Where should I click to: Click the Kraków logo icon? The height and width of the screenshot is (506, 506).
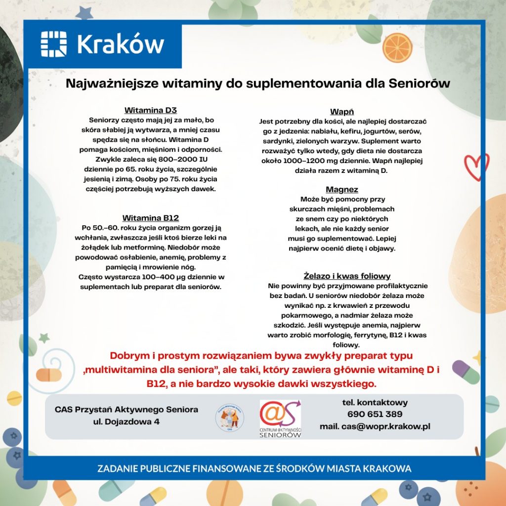point(53,43)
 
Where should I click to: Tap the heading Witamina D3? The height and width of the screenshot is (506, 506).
point(151,110)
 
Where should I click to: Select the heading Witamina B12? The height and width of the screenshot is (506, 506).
point(151,218)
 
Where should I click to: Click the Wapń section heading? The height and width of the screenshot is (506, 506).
point(342,112)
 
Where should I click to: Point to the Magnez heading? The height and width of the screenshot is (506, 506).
point(342,189)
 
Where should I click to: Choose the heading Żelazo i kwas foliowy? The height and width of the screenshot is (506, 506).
point(347,276)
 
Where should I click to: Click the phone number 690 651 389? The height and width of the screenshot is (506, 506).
point(375,414)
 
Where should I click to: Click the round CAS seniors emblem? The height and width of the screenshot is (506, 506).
point(229,418)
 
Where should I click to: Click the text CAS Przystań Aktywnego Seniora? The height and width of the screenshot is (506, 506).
point(126,409)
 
